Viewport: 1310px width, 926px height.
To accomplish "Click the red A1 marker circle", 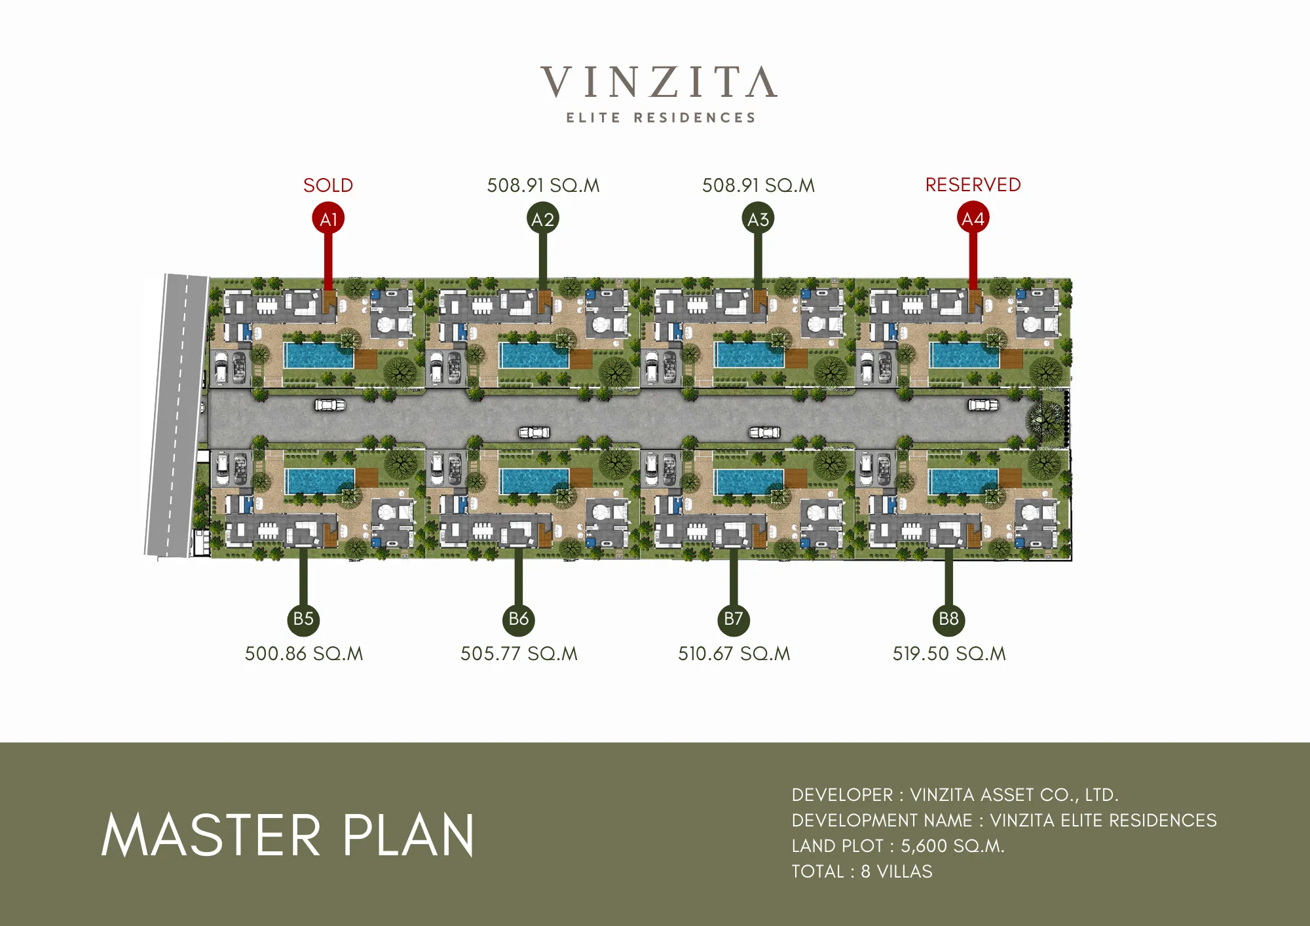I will [328, 219].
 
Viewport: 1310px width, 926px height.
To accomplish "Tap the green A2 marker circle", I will [543, 219].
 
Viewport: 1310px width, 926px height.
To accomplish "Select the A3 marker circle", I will [758, 219].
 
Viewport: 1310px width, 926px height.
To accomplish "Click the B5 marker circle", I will [303, 619].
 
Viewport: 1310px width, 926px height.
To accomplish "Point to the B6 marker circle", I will [518, 619].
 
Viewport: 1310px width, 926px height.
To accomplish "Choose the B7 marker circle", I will [734, 619].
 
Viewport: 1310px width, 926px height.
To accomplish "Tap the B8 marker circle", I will [948, 619].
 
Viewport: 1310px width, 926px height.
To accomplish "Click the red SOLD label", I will [328, 185].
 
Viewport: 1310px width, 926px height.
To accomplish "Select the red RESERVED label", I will [973, 185].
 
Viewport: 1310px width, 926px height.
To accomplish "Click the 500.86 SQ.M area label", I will [304, 654].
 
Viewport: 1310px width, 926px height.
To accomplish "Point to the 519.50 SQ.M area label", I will [949, 654].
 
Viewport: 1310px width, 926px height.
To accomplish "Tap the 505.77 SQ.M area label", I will [519, 654].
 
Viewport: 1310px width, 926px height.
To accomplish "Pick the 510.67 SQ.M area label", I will [734, 654].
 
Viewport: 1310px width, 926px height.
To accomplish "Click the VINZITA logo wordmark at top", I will [659, 83].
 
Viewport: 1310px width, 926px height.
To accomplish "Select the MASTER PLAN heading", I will [288, 836].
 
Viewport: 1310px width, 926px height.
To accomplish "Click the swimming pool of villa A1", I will [318, 356].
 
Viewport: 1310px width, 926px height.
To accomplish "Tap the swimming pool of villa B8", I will [964, 481].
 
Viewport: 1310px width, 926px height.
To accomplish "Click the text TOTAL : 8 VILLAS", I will [862, 872].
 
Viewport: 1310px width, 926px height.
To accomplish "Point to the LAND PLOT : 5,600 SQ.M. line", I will [898, 846].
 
